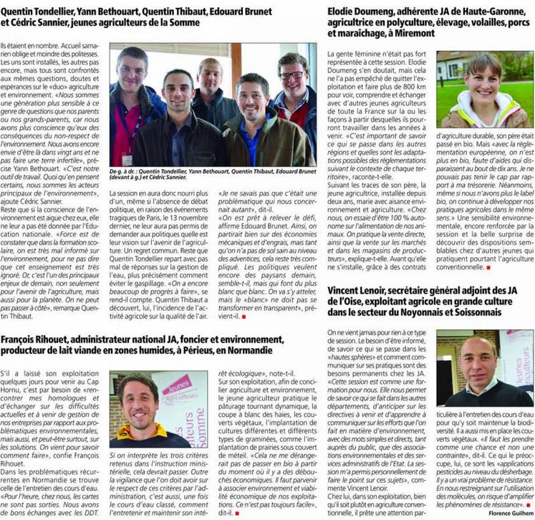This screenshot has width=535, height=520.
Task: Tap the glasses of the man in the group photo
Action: [x=292, y=75]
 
